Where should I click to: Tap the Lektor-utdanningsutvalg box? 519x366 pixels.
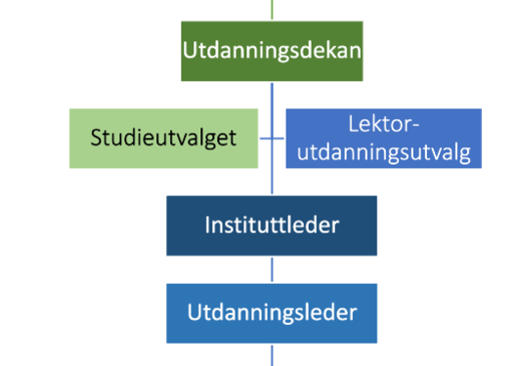384,139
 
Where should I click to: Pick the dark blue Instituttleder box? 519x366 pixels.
272,226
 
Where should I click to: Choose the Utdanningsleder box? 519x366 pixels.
272,313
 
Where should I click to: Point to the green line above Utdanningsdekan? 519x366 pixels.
272,8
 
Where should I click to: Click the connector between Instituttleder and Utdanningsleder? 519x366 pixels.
272,269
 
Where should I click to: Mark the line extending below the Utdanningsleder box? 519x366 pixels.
272,355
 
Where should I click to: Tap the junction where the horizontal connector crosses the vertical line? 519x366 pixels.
272,139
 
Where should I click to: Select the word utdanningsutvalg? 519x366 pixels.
384,152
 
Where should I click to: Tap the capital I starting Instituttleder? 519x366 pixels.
208,225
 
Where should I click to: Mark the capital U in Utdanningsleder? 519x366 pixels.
194,313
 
